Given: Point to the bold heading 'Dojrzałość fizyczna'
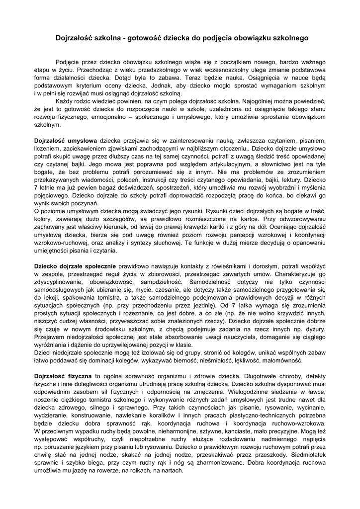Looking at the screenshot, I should (63, 376).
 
